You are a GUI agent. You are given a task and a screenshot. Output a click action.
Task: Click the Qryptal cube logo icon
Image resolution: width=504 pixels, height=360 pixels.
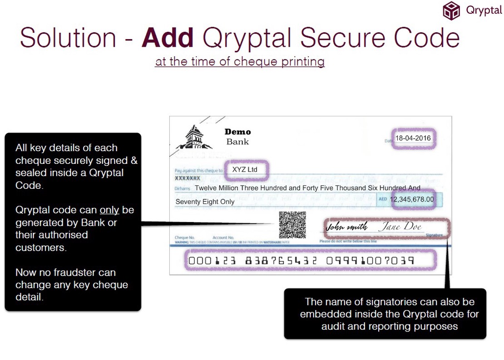pyautogui.click(x=451, y=10)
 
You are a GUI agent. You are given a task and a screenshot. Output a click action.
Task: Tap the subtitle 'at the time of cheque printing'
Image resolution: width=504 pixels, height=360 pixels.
pyautogui.click(x=240, y=61)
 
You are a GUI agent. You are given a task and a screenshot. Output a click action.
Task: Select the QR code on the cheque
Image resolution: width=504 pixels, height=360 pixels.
pyautogui.click(x=292, y=225)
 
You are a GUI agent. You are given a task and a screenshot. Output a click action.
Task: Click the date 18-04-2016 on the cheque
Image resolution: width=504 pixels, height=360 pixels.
pyautogui.click(x=413, y=138)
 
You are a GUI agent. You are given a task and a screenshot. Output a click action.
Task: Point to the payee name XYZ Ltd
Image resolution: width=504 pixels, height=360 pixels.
pyautogui.click(x=245, y=170)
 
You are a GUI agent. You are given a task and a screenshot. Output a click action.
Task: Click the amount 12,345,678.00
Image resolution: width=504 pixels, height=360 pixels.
pyautogui.click(x=412, y=199)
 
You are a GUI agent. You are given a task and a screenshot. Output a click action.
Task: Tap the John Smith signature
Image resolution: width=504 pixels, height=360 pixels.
pyautogui.click(x=347, y=227)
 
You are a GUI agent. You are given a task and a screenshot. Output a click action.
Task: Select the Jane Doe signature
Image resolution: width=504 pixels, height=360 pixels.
pyautogui.click(x=400, y=226)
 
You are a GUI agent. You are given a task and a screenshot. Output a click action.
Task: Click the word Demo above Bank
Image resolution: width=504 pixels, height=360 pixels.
pyautogui.click(x=237, y=132)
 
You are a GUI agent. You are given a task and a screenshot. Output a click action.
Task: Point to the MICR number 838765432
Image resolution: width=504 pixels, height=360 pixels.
pyautogui.click(x=281, y=261)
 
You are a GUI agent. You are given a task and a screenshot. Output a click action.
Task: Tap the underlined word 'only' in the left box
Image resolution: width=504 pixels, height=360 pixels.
pyautogui.click(x=109, y=210)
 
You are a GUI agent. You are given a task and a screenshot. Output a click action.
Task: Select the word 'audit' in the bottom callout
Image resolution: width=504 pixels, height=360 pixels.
pyautogui.click(x=333, y=326)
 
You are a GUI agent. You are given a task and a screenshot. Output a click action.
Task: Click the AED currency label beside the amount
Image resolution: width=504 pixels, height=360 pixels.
pyautogui.click(x=383, y=199)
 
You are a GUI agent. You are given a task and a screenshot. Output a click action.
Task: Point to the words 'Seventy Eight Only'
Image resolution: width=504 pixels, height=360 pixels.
pyautogui.click(x=205, y=202)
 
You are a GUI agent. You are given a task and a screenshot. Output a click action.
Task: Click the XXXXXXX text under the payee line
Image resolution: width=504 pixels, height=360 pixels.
pyautogui.click(x=188, y=178)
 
